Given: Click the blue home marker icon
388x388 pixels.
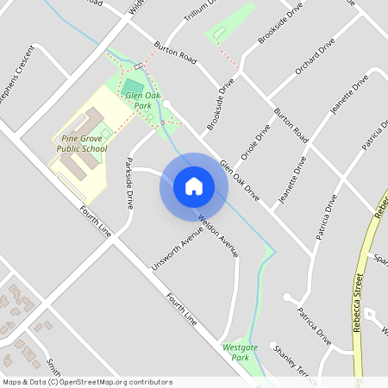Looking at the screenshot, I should (x=193, y=186).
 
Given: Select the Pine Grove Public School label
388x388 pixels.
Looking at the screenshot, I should (x=83, y=143).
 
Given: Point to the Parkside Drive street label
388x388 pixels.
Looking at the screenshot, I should (x=129, y=184).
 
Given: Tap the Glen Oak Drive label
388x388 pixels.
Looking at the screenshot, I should (x=239, y=181).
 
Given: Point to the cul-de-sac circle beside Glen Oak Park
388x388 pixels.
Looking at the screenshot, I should (x=166, y=103).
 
